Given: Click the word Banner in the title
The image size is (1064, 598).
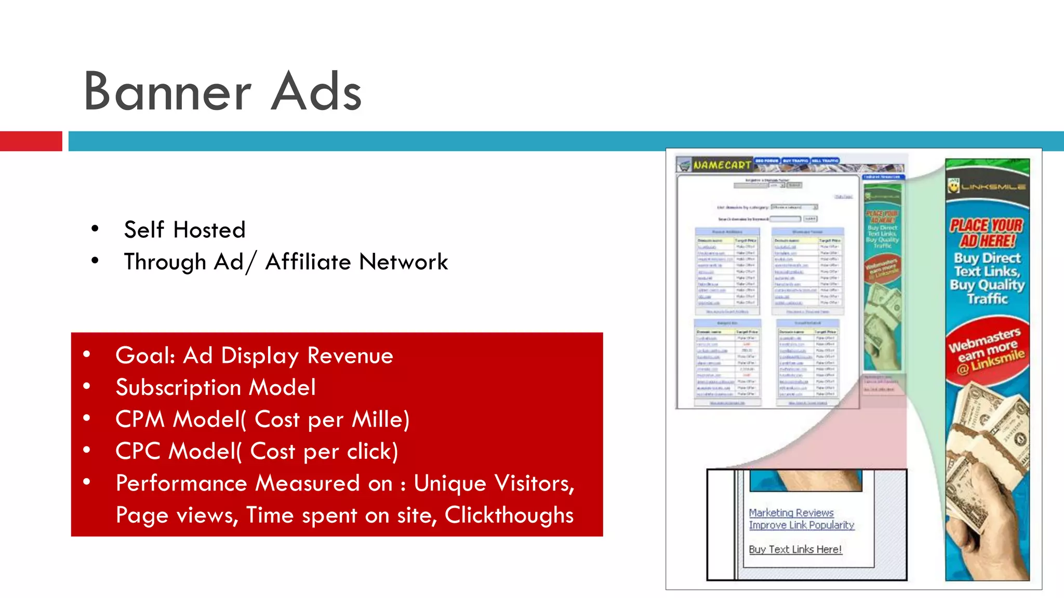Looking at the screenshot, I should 167,92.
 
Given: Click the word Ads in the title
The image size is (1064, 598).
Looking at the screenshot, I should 316,92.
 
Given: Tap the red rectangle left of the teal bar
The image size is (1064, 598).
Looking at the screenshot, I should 31,141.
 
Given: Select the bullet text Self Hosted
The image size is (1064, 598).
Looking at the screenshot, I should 184,229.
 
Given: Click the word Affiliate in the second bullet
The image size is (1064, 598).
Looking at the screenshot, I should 308,262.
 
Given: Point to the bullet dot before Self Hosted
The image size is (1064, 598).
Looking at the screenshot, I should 95,228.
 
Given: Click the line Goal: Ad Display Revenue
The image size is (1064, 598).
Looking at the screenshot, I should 254,356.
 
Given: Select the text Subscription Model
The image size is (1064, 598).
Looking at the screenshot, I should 216,387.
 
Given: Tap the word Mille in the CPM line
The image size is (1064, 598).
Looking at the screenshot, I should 377,419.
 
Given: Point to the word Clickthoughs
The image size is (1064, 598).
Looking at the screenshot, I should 509,515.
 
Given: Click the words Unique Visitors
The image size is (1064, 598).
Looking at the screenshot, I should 494,483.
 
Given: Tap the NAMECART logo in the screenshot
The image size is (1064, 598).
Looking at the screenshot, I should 721,165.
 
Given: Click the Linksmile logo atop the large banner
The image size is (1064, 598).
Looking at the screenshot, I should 987,186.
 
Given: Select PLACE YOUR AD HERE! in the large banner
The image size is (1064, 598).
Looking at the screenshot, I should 987,233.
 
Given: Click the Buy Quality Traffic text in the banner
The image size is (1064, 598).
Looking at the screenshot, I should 987,291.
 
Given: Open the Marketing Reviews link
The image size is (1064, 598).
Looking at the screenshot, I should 791,512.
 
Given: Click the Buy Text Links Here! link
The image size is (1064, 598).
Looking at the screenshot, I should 795,549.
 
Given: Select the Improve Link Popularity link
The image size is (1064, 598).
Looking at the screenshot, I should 801,525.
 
